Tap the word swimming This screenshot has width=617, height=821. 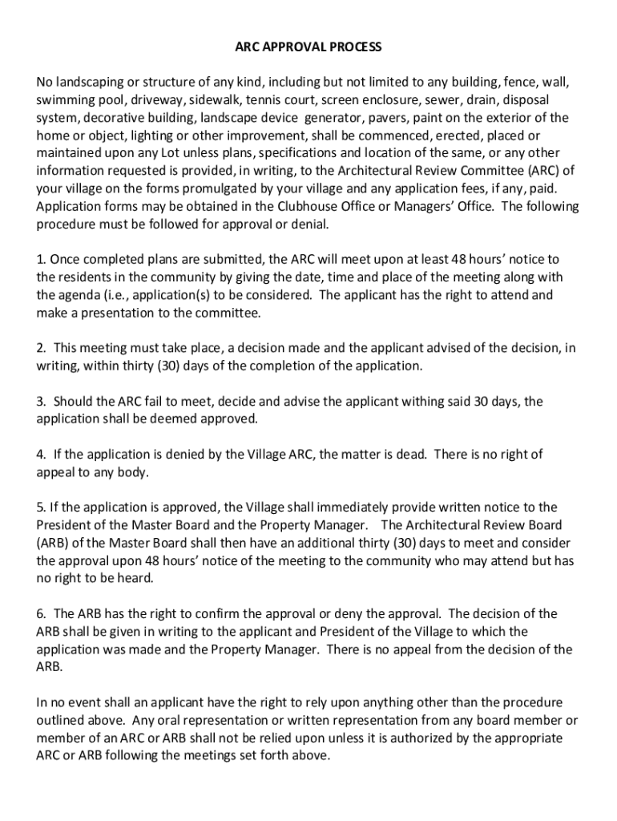click(x=63, y=100)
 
